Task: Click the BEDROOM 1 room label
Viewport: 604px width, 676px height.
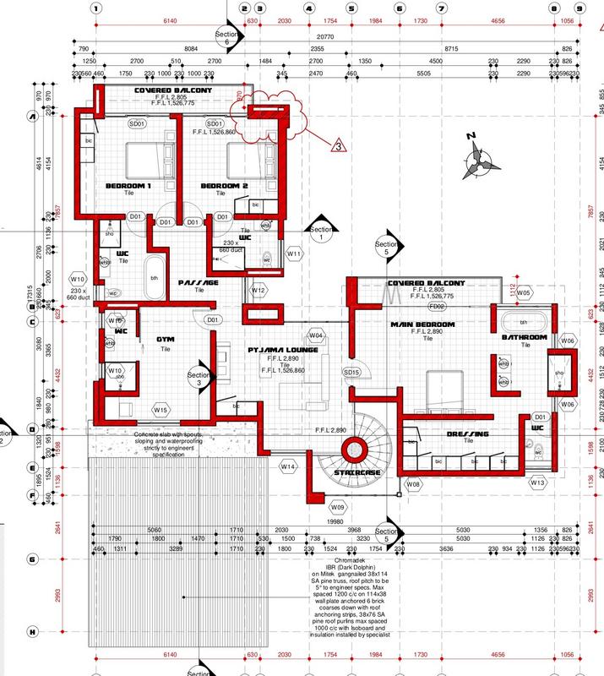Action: tap(128, 185)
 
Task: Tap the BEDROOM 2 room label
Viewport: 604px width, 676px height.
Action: tap(224, 185)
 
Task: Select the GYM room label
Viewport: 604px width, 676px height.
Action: tap(165, 339)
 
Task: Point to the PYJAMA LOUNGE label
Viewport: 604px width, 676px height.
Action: tap(282, 348)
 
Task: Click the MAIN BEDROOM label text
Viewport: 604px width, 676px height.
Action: tap(422, 324)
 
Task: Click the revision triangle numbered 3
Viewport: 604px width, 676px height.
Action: tap(336, 146)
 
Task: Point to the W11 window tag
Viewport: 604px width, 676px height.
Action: tap(294, 253)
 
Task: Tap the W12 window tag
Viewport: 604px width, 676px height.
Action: tap(258, 291)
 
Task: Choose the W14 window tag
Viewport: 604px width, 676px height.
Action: tap(288, 466)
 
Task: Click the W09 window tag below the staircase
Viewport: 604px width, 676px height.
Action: tap(338, 506)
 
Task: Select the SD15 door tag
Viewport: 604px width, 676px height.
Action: tap(328, 372)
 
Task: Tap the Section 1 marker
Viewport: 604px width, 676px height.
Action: tap(322, 234)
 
